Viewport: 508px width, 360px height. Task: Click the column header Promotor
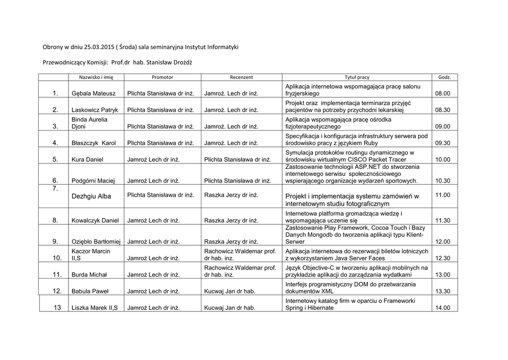162,77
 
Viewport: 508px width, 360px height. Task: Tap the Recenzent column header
241,77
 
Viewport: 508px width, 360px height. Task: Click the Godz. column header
444,77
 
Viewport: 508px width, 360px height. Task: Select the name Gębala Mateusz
94,93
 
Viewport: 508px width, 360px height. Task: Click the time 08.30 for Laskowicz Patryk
443,110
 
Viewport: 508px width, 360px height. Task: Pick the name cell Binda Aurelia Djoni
89,123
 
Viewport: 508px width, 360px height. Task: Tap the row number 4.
55,143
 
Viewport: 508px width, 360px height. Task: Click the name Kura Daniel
87,159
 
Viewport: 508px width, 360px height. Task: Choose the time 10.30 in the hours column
443,181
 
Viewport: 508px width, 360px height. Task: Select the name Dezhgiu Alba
91,196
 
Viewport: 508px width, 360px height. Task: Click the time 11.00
443,195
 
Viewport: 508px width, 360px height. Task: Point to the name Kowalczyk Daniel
95,220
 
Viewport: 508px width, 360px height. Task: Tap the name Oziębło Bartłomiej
96,242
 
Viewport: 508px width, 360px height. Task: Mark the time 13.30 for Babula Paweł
443,291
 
